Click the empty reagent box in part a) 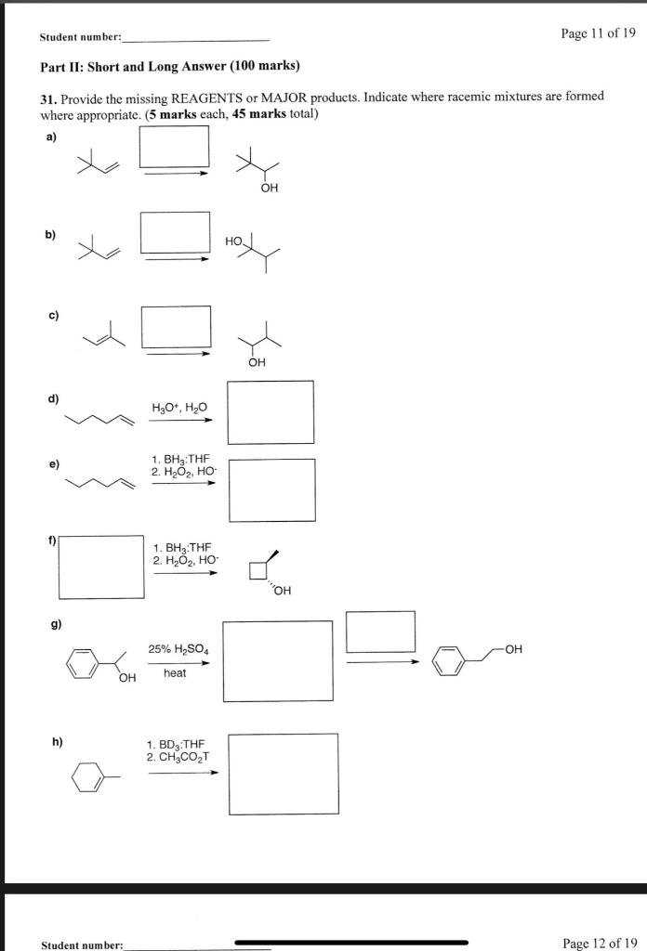174,146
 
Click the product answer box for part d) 271,412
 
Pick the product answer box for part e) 271,489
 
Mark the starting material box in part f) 101,566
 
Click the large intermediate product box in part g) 277,660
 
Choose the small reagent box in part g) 380,632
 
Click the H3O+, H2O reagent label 179,407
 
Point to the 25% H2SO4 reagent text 178,650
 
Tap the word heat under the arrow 175,672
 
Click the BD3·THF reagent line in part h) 175,744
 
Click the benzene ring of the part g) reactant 81,663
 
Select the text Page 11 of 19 599,33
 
